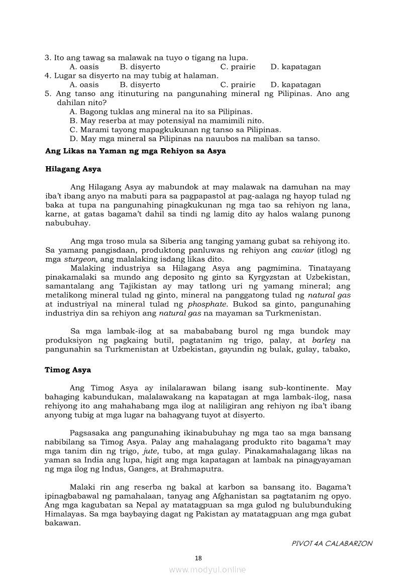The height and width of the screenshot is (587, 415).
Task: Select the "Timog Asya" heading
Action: pyautogui.click(x=68, y=370)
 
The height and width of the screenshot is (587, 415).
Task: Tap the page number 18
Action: pyautogui.click(x=198, y=558)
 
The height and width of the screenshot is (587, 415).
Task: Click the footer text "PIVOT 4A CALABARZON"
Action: pyautogui.click(x=332, y=543)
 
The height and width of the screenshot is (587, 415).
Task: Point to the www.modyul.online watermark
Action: pyautogui.click(x=207, y=569)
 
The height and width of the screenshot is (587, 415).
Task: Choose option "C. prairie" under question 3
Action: pyautogui.click(x=238, y=67)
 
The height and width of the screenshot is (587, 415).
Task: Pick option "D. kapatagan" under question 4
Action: pyautogui.click(x=295, y=85)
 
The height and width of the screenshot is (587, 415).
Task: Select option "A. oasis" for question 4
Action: pyautogui.click(x=84, y=85)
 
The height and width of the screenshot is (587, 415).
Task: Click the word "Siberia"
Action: pyautogui.click(x=148, y=241)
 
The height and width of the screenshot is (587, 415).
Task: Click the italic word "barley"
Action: pyautogui.click(x=324, y=340)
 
